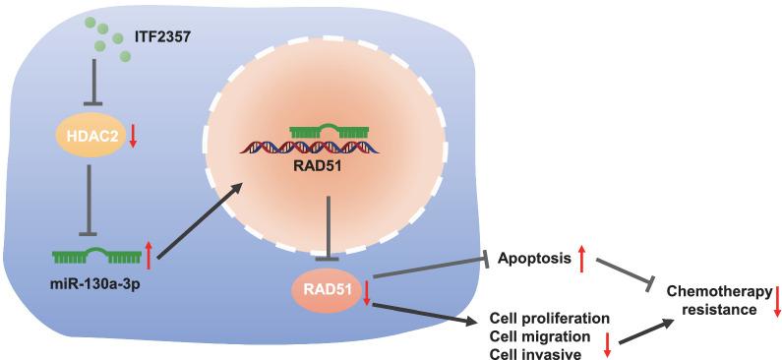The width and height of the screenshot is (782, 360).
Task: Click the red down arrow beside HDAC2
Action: click(x=133, y=142)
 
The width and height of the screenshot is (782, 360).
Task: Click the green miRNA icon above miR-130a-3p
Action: click(x=96, y=257)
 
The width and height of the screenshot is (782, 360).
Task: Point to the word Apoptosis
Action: click(x=533, y=260)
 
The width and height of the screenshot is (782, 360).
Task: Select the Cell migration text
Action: click(x=531, y=337)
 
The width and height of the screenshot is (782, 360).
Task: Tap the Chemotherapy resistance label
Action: click(x=715, y=300)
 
